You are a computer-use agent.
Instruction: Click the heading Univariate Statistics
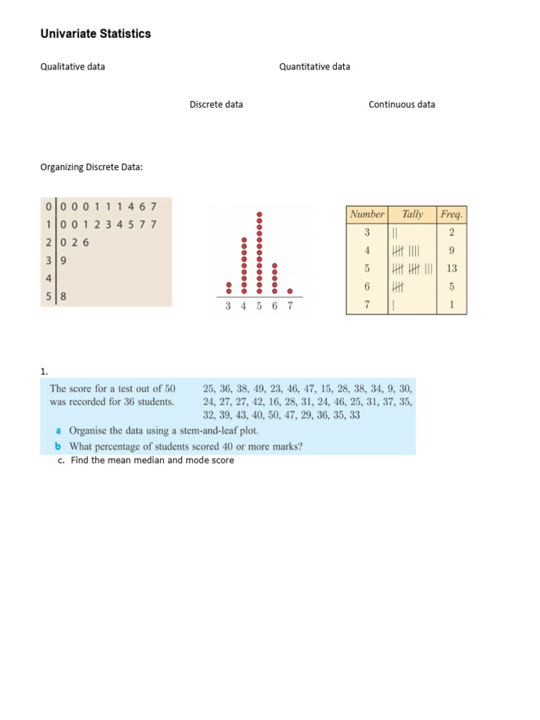tap(96, 34)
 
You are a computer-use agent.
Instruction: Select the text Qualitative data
tap(73, 67)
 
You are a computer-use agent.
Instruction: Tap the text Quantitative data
tap(314, 67)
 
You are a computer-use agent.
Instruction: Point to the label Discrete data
tap(216, 104)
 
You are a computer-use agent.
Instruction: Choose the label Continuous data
tap(401, 104)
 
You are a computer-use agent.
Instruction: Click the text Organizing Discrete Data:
tap(92, 167)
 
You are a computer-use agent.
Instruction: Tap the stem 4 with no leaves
tap(48, 278)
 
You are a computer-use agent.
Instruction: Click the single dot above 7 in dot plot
tap(290, 290)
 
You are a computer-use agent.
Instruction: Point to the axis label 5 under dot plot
tap(259, 307)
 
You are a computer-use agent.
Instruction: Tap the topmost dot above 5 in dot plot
tap(259, 214)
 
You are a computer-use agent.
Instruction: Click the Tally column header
tap(412, 214)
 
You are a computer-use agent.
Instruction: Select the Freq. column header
tap(451, 214)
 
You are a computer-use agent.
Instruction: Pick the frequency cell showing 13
tap(451, 269)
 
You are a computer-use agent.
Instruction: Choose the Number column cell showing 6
tap(366, 287)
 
